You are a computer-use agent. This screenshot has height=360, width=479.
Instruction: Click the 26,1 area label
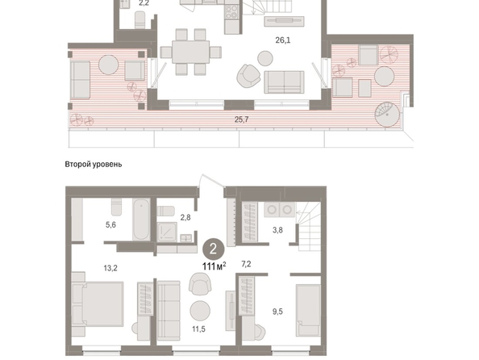pyautogui.click(x=282, y=40)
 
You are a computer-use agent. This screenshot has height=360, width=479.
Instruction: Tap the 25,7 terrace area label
pyautogui.click(x=241, y=119)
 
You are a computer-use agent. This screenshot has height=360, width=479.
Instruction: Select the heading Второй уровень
pyautogui.click(x=94, y=164)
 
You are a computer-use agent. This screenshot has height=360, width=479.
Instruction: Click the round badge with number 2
pyautogui.click(x=213, y=249)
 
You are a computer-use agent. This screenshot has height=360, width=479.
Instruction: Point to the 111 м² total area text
pyautogui.click(x=215, y=266)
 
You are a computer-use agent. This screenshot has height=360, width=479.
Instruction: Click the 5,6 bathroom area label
pyautogui.click(x=110, y=225)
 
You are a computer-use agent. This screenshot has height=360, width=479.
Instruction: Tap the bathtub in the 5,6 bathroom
pyautogui.click(x=141, y=219)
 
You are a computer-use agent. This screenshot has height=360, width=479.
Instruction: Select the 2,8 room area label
pyautogui.click(x=185, y=217)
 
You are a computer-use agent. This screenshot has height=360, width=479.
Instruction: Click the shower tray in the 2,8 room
pyautogui.click(x=167, y=232)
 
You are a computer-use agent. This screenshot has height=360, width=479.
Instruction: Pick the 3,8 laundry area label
pyautogui.click(x=277, y=230)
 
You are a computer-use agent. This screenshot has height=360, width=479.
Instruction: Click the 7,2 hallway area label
pyautogui.click(x=246, y=264)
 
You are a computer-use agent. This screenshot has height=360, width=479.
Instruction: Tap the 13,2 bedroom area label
pyautogui.click(x=110, y=268)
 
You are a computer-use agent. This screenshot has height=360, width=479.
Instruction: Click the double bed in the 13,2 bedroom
pyautogui.click(x=98, y=304)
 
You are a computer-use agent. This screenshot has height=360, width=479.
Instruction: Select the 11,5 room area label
pyautogui.click(x=198, y=329)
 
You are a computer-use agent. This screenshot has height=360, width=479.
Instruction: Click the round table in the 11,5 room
pyautogui.click(x=200, y=311)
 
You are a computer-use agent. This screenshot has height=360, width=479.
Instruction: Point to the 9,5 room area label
pyautogui.click(x=277, y=312)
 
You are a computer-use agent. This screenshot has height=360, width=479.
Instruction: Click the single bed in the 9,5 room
pyautogui.click(x=308, y=310)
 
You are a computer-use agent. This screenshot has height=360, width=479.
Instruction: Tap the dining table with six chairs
pyautogui.click(x=190, y=52)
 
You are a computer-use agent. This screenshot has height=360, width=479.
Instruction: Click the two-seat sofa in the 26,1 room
pyautogui.click(x=284, y=82)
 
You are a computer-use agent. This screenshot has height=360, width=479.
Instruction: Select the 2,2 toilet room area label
pyautogui.click(x=144, y=3)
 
